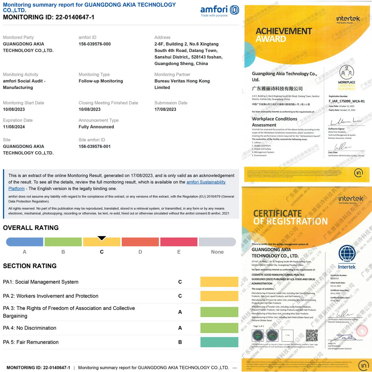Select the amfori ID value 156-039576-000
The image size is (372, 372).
click(x=95, y=44)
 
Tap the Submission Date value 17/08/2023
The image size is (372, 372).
click(x=165, y=109)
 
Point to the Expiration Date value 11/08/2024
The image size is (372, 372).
click(x=14, y=127)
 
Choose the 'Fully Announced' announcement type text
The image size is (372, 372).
click(x=96, y=127)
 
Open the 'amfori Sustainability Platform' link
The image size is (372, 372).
click(x=206, y=182)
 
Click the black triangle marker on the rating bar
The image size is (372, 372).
click(x=102, y=238)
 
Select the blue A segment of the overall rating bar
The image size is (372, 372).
click(x=24, y=242)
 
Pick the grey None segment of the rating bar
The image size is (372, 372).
click(x=217, y=242)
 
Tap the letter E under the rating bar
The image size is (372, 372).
click(x=179, y=252)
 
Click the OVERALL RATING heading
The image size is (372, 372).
click(x=31, y=228)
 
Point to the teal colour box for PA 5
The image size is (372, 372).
click(x=219, y=342)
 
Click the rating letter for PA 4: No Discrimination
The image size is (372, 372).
click(x=180, y=328)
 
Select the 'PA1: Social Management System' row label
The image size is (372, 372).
click(x=41, y=282)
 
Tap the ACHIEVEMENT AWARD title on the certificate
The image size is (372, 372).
click(x=283, y=35)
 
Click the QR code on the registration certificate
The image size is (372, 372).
click(x=312, y=335)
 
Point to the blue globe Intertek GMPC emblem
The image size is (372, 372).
click(x=347, y=254)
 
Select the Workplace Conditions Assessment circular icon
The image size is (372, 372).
click(x=347, y=72)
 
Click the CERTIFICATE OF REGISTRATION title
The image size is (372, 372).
click(x=290, y=217)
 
